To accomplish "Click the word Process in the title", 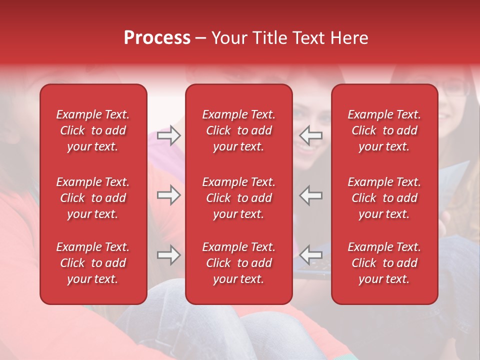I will (157, 38).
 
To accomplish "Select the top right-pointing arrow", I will (168, 135).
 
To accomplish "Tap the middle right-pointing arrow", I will (168, 195).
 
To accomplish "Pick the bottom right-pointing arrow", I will (168, 255).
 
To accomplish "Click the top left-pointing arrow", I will (311, 135).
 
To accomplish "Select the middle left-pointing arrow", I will (311, 195).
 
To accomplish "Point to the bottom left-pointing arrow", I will (311, 255).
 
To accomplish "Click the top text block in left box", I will (93, 130).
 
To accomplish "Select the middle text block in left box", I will (93, 198).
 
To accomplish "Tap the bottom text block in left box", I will (93, 263).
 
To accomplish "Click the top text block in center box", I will (238, 130).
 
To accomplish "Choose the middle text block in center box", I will (238, 198).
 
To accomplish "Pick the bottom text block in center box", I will (238, 263).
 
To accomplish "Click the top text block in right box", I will (384, 130).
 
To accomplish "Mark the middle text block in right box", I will (384, 198).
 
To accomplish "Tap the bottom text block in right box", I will (384, 263).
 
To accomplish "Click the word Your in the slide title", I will (229, 38).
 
